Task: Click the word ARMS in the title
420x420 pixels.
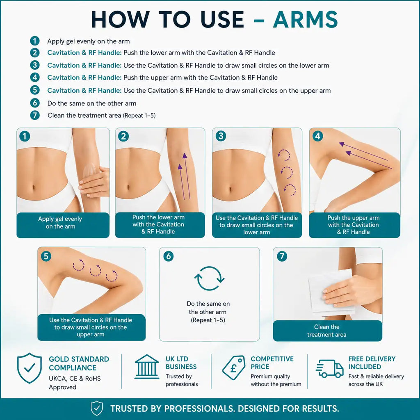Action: tap(305, 20)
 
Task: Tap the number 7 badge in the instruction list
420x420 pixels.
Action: tap(35, 115)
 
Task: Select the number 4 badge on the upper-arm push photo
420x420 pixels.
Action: tap(318, 136)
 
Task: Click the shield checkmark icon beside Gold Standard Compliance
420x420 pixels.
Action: tap(30, 368)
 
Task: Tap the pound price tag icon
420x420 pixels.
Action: tap(233, 367)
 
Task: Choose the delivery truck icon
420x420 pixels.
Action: tap(329, 369)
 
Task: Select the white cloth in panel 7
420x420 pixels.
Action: tap(331, 293)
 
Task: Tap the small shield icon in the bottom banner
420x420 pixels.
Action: tap(97, 408)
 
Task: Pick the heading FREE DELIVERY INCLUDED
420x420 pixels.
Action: tap(372, 363)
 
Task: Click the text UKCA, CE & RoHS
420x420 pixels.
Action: tap(75, 379)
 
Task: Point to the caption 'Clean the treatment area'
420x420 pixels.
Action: tap(327, 331)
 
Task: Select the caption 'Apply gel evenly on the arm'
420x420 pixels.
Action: tap(60, 223)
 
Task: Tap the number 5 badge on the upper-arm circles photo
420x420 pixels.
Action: tap(46, 256)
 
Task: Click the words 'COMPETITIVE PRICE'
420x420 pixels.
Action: tap(272, 363)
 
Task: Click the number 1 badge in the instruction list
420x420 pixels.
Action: tap(35, 41)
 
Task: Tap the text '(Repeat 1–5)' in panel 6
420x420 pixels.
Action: tap(208, 320)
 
